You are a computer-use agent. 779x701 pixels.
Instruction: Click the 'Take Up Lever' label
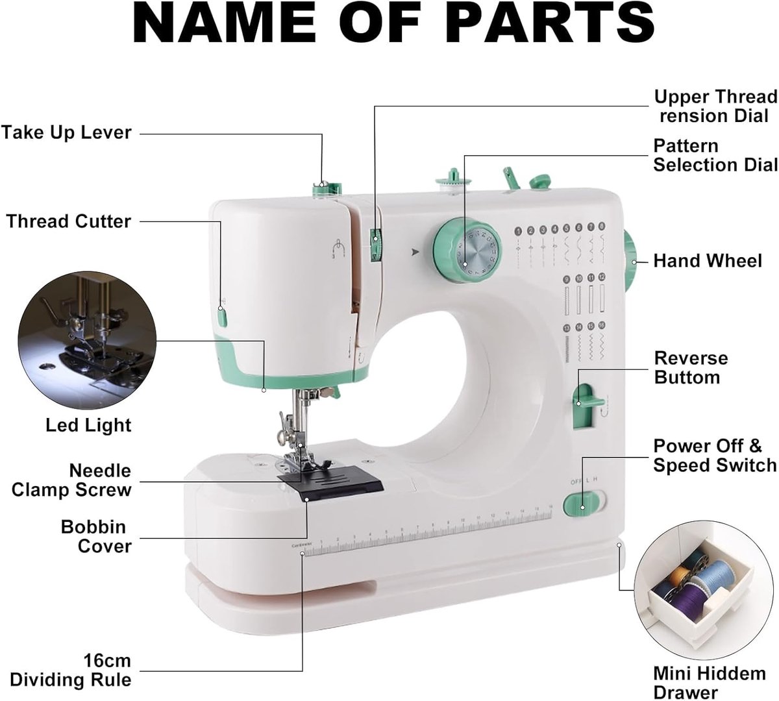click(x=66, y=133)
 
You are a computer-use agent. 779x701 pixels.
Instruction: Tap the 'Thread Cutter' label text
click(x=69, y=221)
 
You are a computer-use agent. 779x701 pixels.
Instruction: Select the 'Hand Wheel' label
click(x=708, y=261)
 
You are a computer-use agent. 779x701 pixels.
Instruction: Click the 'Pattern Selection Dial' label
click(x=715, y=155)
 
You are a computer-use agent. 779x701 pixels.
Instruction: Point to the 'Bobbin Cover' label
click(x=96, y=536)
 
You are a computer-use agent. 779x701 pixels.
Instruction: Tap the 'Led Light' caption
click(x=88, y=425)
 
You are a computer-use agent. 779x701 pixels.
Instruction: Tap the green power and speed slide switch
click(x=578, y=504)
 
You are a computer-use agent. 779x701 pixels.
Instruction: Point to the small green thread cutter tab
click(x=222, y=317)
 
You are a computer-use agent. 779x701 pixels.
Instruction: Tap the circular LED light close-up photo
click(x=87, y=340)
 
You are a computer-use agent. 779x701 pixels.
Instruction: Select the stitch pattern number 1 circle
click(x=519, y=231)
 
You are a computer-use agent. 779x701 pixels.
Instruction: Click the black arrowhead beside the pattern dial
click(x=415, y=252)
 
